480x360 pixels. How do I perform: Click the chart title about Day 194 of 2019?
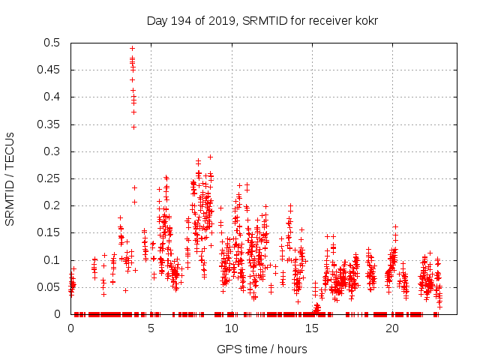pyautogui.click(x=262, y=21)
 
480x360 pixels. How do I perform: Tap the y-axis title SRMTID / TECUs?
pyautogui.click(x=10, y=178)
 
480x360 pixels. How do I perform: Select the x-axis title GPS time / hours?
pyautogui.click(x=262, y=349)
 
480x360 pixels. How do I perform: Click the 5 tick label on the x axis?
pyautogui.click(x=151, y=328)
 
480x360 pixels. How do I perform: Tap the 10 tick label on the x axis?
pyautogui.click(x=231, y=328)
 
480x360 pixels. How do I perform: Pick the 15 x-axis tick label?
pyautogui.click(x=311, y=328)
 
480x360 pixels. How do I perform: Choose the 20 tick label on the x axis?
pyautogui.click(x=391, y=328)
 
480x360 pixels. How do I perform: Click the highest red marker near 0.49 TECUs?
pyautogui.click(x=133, y=48)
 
